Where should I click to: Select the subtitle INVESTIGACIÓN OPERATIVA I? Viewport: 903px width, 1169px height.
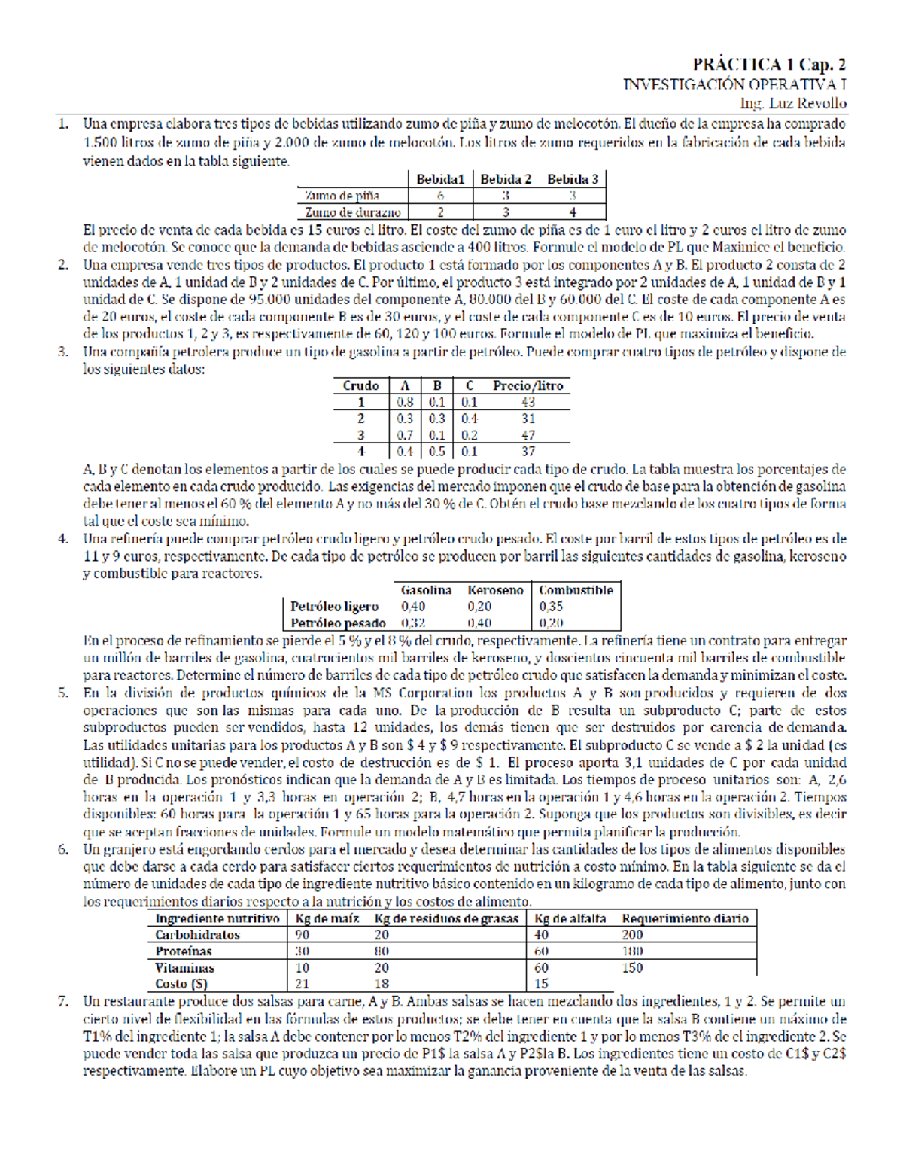coord(734,84)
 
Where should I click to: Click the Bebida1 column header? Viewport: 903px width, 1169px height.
coord(440,179)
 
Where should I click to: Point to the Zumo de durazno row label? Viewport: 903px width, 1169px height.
coord(352,212)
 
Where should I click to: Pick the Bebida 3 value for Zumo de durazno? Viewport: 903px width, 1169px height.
coord(573,212)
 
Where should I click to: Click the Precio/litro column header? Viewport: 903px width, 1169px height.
coord(528,385)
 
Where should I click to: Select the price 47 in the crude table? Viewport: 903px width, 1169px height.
coord(528,435)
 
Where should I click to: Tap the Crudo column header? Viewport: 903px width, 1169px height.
coord(360,385)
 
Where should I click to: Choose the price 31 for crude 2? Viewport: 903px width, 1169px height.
coord(528,419)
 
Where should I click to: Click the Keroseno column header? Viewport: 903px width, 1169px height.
coord(494,590)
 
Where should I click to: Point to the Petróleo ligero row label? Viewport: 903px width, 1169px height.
coord(334,607)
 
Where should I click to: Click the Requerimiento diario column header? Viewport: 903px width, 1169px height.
coord(685,918)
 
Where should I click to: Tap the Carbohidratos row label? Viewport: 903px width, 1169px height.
coord(197,935)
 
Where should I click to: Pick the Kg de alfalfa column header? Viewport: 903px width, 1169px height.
coord(570,918)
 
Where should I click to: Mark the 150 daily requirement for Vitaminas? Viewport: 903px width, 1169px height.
coord(633,968)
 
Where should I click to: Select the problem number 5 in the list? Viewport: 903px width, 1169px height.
coord(64,693)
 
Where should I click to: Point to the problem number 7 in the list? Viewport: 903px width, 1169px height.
coord(64,1002)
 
